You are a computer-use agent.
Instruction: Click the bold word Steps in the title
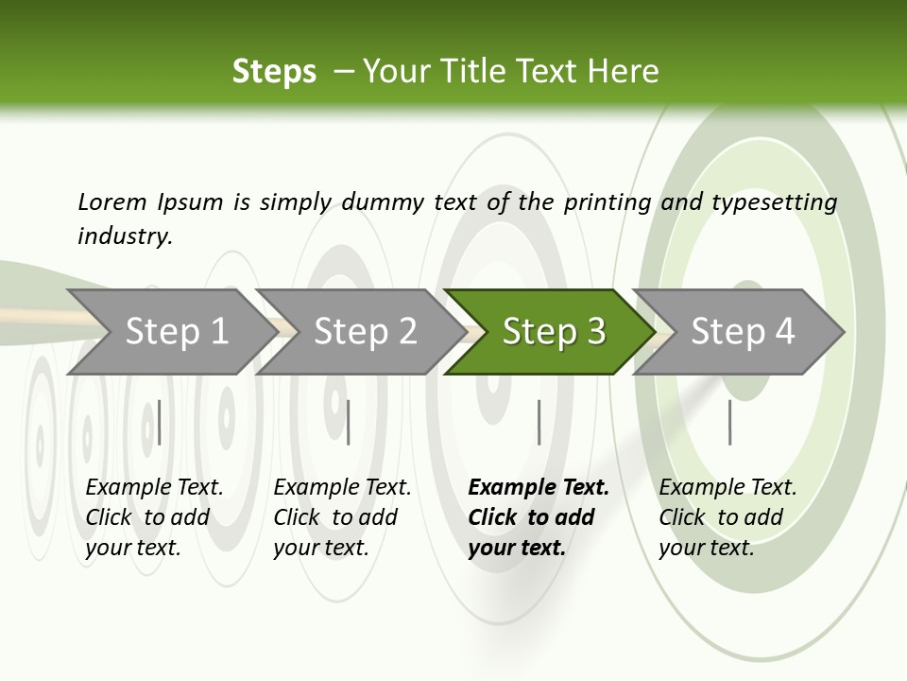[x=274, y=72]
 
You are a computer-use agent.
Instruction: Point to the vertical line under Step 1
[x=159, y=422]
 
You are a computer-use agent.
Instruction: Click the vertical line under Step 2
[x=349, y=422]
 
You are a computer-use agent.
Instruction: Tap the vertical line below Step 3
[x=539, y=422]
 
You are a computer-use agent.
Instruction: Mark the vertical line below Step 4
[x=729, y=422]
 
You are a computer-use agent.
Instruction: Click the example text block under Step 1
[x=154, y=517]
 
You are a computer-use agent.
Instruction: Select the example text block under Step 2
[x=342, y=517]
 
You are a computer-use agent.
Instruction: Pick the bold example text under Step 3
[x=539, y=517]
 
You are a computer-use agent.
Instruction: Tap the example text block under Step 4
[x=727, y=517]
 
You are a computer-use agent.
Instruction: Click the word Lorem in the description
[x=112, y=202]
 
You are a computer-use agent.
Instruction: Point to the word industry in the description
[x=125, y=236]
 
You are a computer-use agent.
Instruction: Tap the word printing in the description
[x=608, y=202]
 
